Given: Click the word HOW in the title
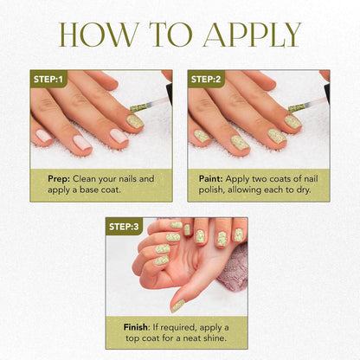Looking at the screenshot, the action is [98, 35].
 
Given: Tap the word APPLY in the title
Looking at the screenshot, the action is [252, 35].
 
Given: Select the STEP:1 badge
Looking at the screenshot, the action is [48, 79].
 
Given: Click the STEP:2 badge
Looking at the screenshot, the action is [206, 79].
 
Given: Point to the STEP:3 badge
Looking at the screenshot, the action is [124, 227].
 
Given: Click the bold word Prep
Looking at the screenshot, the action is [59, 179].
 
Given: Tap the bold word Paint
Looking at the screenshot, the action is [211, 179].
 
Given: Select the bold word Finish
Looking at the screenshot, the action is [136, 327].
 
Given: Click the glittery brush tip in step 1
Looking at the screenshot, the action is [138, 108].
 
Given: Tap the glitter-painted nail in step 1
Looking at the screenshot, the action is [135, 122].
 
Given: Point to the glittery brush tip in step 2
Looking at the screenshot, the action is [297, 108].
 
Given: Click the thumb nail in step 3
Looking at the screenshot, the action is [177, 305].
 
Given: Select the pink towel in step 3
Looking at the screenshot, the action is [233, 268].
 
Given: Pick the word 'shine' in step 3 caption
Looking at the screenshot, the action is [215, 338].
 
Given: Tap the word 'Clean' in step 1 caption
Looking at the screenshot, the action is [84, 179].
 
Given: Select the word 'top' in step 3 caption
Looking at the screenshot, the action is [132, 338].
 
